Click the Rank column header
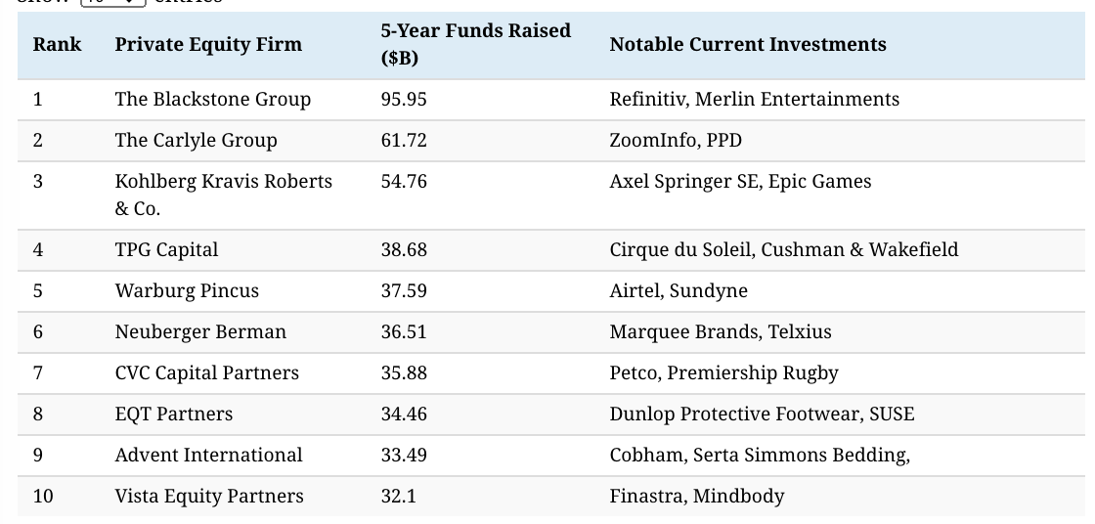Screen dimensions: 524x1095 click(57, 44)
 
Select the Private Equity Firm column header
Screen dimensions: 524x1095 click(208, 44)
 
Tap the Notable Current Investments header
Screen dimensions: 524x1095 click(748, 44)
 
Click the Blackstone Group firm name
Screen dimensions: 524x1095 click(212, 99)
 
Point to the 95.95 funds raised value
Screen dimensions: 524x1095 click(404, 99)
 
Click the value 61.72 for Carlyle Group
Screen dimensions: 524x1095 click(404, 140)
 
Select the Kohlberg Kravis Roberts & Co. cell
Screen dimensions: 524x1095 click(223, 195)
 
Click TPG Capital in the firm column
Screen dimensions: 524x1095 click(166, 249)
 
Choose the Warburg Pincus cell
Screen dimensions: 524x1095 click(187, 290)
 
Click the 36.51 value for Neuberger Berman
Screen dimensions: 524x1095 click(404, 331)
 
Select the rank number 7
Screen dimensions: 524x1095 click(38, 372)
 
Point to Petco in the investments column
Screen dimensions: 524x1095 click(633, 372)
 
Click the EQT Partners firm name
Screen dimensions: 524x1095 click(174, 414)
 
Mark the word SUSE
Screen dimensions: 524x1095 click(892, 414)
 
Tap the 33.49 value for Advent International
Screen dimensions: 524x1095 click(404, 455)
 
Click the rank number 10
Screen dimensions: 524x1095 click(43, 496)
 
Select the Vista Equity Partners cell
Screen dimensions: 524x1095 click(209, 496)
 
